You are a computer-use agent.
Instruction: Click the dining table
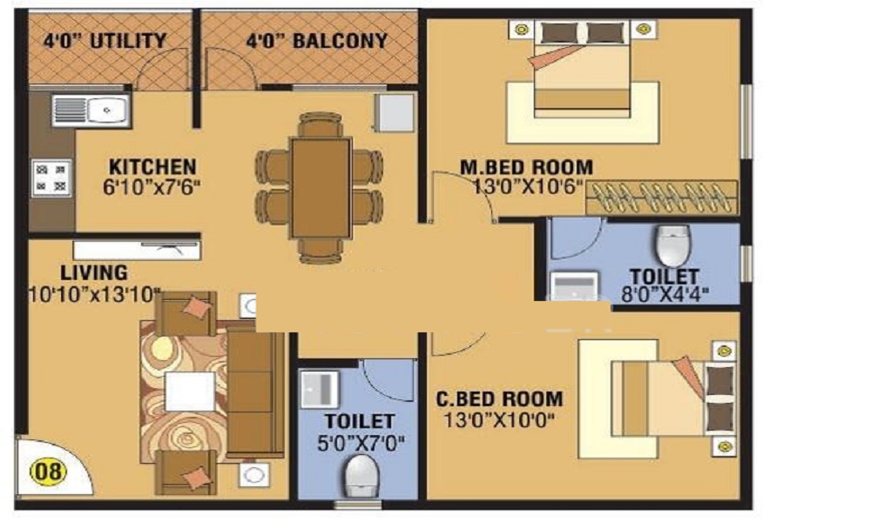[x=321, y=186]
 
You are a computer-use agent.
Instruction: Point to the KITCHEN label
[x=152, y=166]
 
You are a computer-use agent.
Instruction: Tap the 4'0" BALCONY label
[x=316, y=41]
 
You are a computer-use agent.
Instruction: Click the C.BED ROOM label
[x=499, y=399]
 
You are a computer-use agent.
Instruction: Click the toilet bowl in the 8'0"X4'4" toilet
[x=672, y=245]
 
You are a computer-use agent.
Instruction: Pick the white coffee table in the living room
[x=189, y=391]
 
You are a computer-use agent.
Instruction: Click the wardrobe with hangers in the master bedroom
[x=662, y=197]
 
